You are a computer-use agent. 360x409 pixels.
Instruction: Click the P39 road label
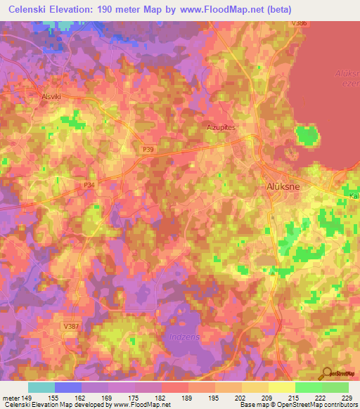pyautogui.click(x=148, y=149)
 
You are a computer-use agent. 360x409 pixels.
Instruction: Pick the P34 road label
pyautogui.click(x=89, y=184)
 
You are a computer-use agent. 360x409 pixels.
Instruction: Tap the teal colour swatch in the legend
pyautogui.click(x=41, y=387)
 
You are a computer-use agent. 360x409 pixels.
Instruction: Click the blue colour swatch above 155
pyautogui.click(x=68, y=387)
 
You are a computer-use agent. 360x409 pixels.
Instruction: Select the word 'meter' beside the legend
pyautogui.click(x=12, y=397)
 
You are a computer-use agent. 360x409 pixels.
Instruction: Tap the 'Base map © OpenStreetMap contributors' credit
pyautogui.click(x=298, y=405)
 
